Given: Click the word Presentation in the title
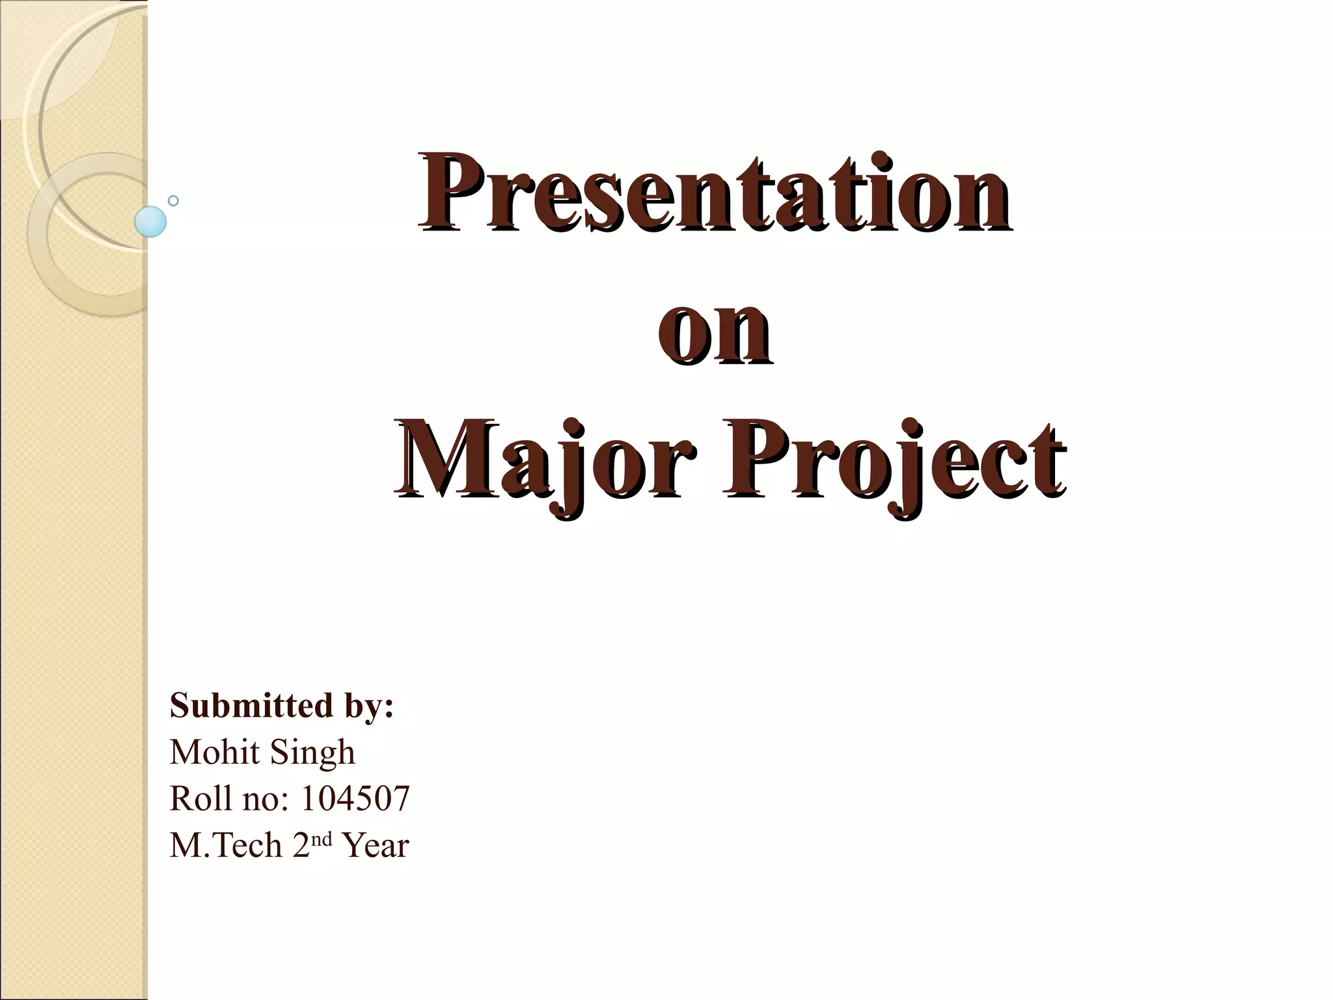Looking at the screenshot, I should click(x=715, y=193).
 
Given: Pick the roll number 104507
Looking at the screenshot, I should click(x=355, y=799).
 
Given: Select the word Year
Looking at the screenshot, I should click(x=376, y=846).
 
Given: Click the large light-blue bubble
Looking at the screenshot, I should click(x=150, y=221).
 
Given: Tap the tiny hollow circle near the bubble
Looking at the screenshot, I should click(x=173, y=201).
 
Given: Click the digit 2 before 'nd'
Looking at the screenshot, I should click(x=301, y=846).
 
